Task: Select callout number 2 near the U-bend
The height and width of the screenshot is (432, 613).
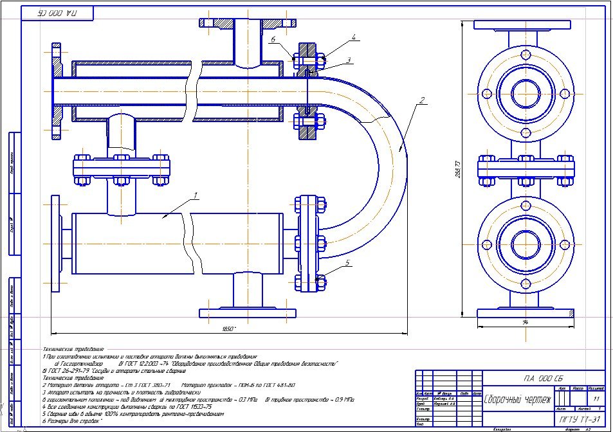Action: tap(421, 100)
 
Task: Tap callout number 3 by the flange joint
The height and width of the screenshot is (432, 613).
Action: tap(348, 60)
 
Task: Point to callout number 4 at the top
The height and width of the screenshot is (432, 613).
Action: tap(353, 38)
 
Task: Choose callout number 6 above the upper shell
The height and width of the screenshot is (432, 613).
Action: tap(273, 39)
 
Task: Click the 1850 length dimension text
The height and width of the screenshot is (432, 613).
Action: tap(226, 329)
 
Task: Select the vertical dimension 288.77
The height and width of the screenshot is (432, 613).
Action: tap(457, 170)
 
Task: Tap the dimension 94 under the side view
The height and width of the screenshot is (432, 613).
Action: tap(526, 322)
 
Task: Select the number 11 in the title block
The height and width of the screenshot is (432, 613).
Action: tap(596, 399)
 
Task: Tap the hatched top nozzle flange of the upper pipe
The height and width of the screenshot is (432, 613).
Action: tap(248, 23)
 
